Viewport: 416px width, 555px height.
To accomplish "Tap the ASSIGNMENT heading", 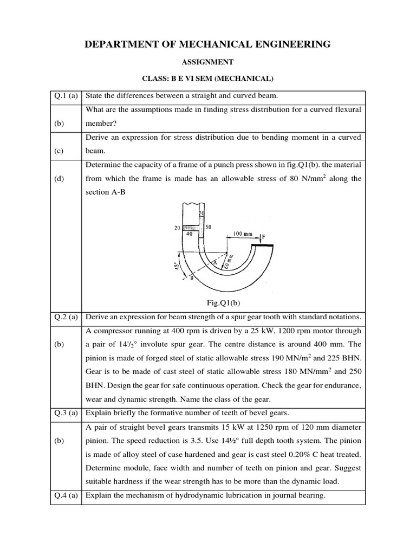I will tap(207, 62).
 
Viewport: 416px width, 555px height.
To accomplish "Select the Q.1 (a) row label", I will tap(66, 96).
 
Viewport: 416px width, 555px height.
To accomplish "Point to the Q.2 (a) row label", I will tap(66, 317).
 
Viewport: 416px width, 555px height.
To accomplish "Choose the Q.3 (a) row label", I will tap(66, 412).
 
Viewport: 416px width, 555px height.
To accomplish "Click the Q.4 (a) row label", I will tap(66, 494).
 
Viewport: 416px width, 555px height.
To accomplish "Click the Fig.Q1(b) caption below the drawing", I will tap(207, 302).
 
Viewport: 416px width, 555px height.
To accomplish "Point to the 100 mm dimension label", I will tap(243, 234).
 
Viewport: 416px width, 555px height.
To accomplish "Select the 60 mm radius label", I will tap(229, 261).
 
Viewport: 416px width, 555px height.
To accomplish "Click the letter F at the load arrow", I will tap(264, 237).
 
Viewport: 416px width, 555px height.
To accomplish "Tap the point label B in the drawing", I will tap(191, 277).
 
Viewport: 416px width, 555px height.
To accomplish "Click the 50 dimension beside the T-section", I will tap(209, 227).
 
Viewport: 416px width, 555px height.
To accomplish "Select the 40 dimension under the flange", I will tap(189, 235).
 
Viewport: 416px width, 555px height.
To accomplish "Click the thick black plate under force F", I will tap(262, 246).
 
